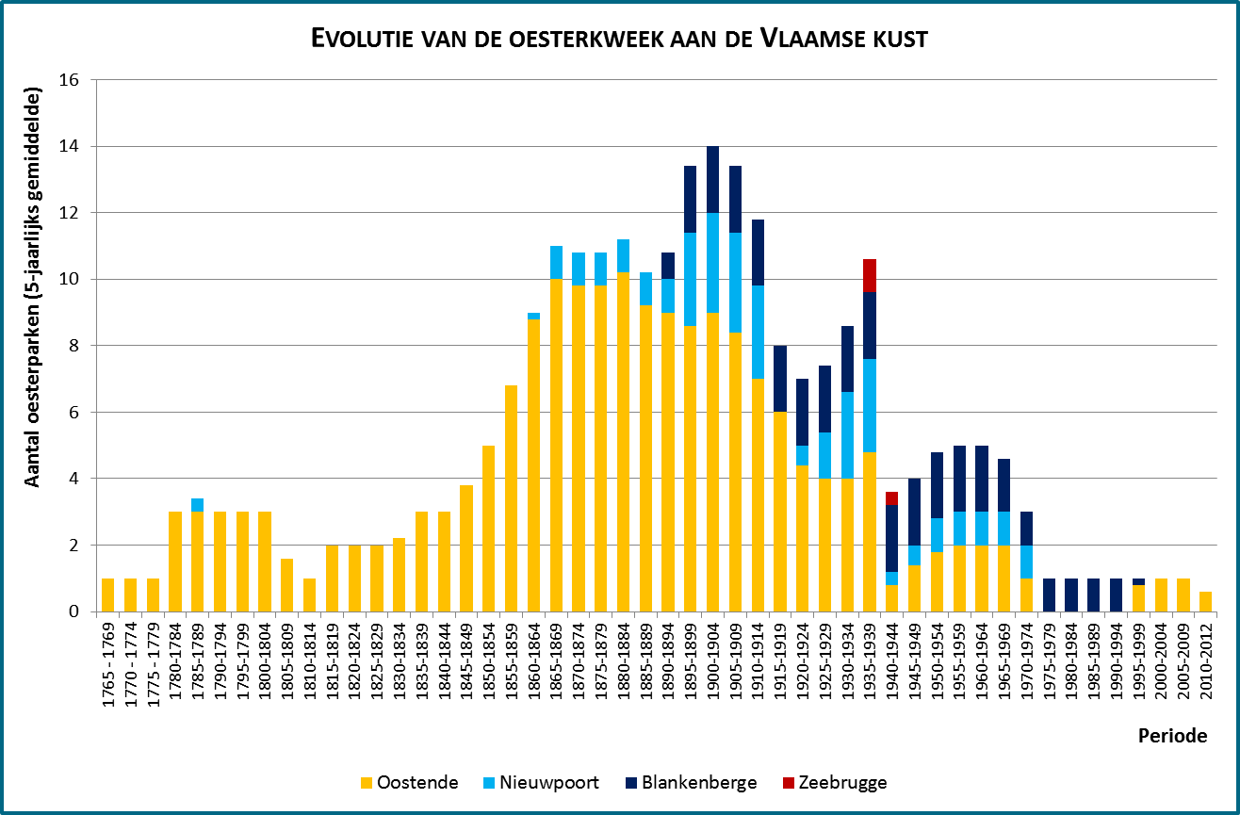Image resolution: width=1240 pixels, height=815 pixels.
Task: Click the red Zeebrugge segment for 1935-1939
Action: point(870,275)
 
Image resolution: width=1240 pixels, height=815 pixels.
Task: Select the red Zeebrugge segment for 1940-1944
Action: point(892,498)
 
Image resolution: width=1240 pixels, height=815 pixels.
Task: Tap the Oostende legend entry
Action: point(410,782)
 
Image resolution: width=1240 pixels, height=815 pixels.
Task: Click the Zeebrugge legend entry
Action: point(833,782)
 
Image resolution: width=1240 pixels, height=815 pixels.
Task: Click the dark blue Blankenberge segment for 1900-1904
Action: point(712,179)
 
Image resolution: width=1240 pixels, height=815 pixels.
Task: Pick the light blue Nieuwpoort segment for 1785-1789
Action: point(198,505)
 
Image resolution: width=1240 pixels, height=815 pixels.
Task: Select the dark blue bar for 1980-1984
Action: point(1072,595)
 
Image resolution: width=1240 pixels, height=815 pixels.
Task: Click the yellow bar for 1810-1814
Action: point(310,595)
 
